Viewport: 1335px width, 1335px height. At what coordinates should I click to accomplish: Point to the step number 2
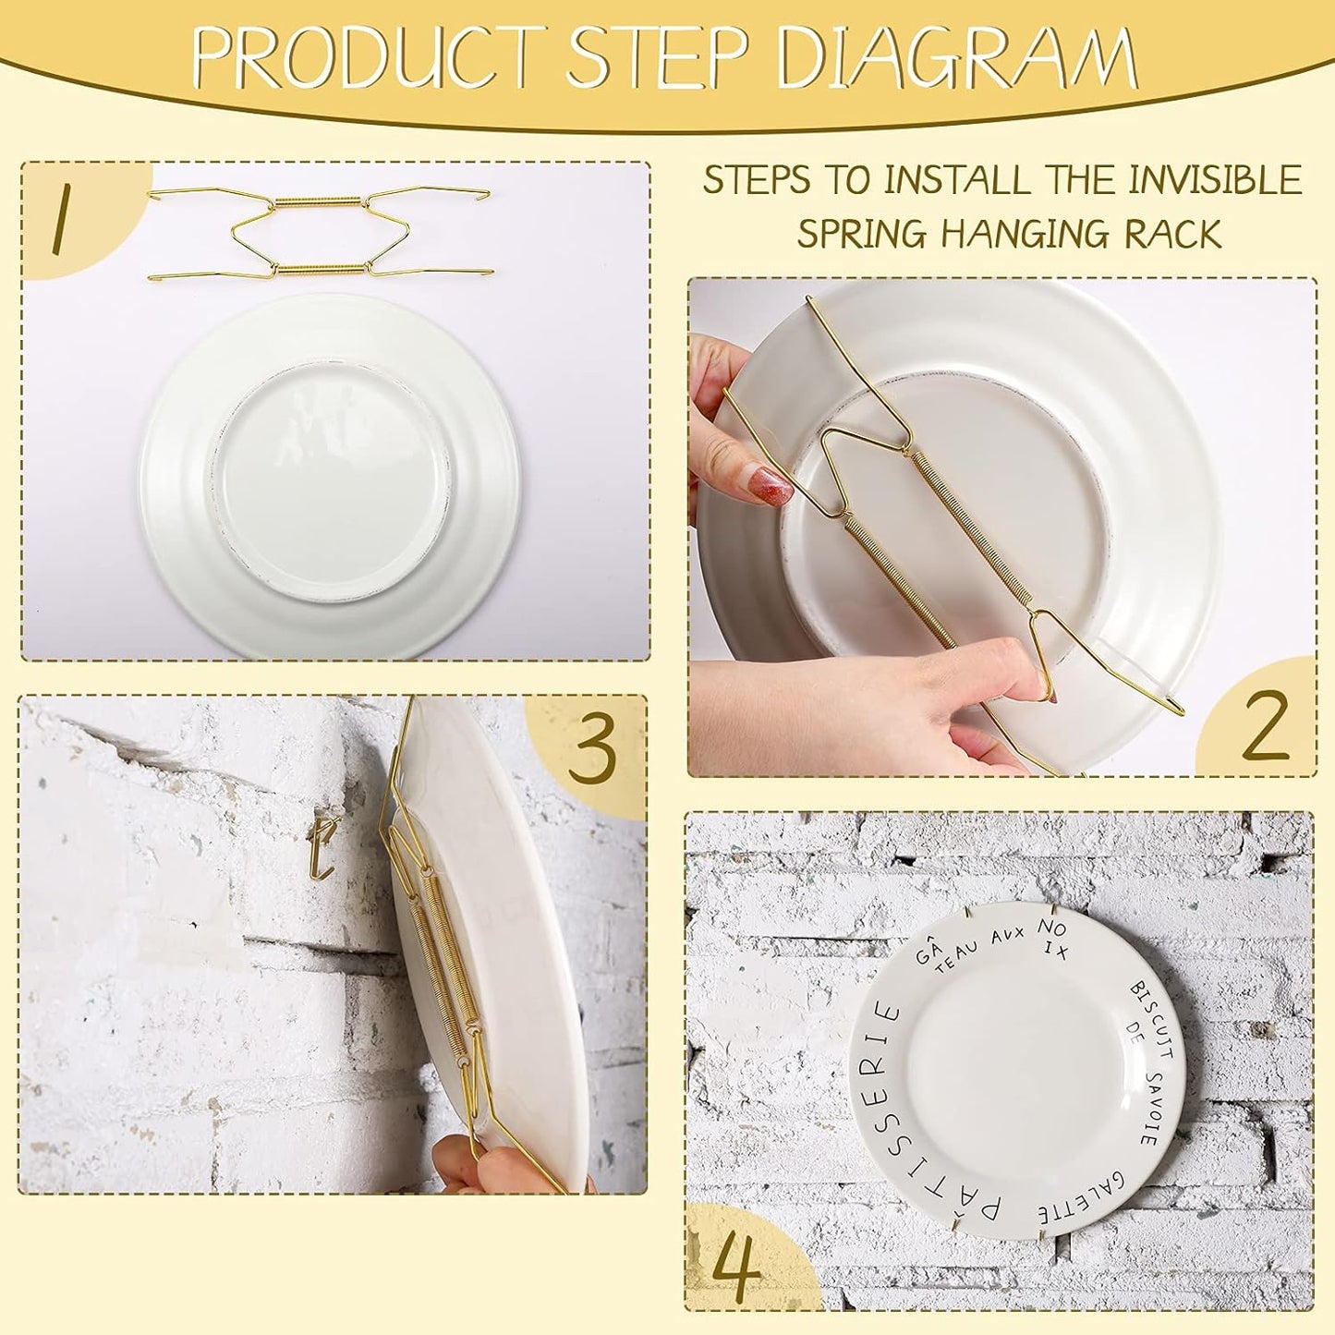tap(1265, 726)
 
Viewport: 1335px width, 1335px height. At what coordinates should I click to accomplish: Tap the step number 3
tap(591, 750)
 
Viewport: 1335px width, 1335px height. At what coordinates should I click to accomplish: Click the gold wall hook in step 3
tap(322, 845)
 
